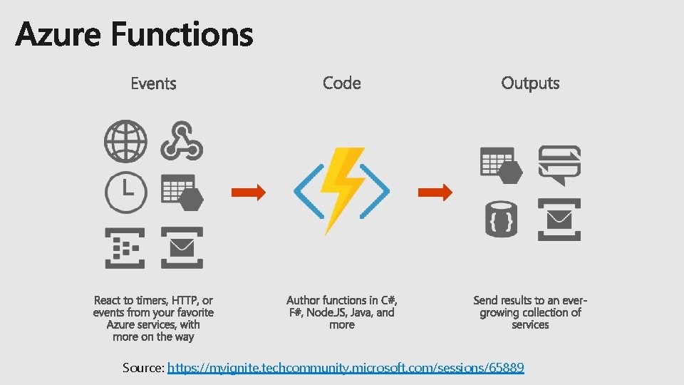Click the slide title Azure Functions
click(x=134, y=34)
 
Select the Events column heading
click(x=153, y=83)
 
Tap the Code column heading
click(x=342, y=83)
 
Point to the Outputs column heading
click(x=530, y=83)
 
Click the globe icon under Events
click(x=125, y=141)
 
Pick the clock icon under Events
click(x=125, y=192)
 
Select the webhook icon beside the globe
click(x=182, y=140)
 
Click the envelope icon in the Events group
click(x=182, y=247)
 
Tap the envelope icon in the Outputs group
click(x=559, y=220)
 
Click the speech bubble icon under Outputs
click(x=559, y=164)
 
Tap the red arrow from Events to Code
click(x=248, y=192)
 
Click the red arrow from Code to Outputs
click(x=435, y=192)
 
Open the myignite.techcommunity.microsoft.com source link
click(x=346, y=368)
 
